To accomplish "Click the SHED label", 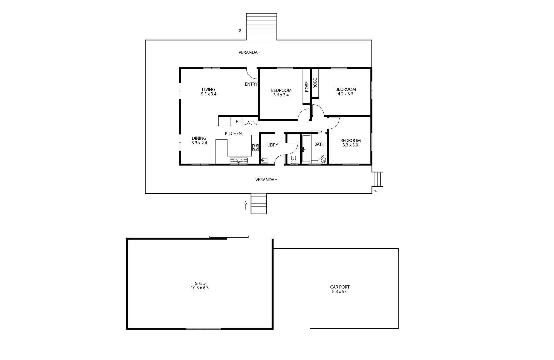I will [x=200, y=283].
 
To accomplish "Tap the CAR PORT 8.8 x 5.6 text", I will [x=340, y=289].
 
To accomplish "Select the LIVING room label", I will [x=208, y=89].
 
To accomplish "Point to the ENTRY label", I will [x=251, y=84].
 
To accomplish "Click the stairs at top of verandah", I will [x=261, y=27].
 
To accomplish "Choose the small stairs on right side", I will [x=378, y=179].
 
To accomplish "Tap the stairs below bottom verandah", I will [x=259, y=204].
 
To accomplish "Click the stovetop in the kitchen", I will [x=255, y=147].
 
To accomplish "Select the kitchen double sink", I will [x=238, y=160].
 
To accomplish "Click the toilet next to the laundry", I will [x=294, y=159].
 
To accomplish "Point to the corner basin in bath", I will [x=323, y=160].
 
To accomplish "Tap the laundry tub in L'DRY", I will [x=264, y=160].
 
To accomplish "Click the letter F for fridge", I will [x=237, y=122].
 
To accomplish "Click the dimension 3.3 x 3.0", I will [x=350, y=145].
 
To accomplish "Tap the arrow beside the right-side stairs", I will [x=378, y=191].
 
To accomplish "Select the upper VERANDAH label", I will [x=249, y=52].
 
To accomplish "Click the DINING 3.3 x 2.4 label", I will [x=199, y=141].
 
